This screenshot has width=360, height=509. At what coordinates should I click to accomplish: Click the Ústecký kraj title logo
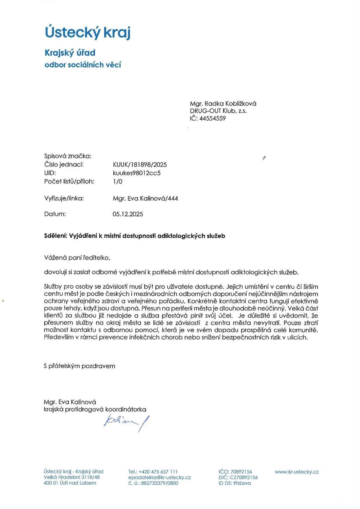click(88, 32)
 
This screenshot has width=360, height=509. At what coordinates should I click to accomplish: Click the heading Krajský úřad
click(70, 53)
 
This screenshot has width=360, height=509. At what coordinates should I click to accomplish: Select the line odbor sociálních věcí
click(82, 65)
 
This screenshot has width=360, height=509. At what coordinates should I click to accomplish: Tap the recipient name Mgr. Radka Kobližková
click(223, 104)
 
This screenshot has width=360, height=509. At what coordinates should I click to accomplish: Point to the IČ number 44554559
click(212, 118)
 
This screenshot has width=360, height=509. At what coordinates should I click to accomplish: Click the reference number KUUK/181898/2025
click(139, 164)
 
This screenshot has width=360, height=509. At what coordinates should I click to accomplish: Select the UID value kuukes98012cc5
click(136, 173)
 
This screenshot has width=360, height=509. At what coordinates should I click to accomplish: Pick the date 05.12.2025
click(128, 214)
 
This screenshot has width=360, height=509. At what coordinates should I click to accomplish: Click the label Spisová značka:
click(68, 156)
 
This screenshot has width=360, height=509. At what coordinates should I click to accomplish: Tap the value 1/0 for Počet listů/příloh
click(118, 181)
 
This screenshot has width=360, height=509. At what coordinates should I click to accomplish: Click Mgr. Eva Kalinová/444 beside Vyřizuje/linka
click(145, 198)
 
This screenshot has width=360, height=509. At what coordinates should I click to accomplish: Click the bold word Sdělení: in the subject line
click(56, 236)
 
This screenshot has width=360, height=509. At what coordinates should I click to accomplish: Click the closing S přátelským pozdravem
click(79, 366)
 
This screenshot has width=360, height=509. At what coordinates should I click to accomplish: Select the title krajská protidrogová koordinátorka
click(95, 409)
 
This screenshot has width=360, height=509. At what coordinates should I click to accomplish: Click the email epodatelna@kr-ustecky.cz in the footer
click(159, 477)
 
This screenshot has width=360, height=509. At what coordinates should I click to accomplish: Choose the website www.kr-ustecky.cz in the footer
click(296, 471)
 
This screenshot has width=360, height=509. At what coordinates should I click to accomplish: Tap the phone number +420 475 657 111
click(158, 471)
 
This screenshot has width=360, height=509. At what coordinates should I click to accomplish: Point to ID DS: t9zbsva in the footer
click(235, 483)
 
